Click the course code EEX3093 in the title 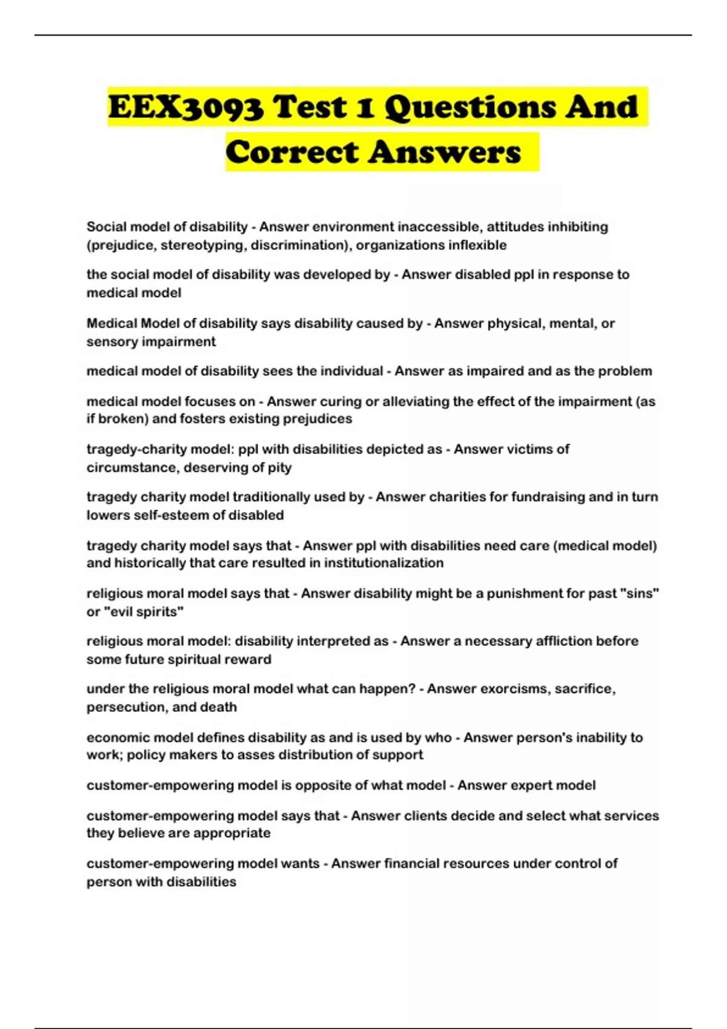tap(186, 108)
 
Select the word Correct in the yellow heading tap(292, 152)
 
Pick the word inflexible tap(477, 245)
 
